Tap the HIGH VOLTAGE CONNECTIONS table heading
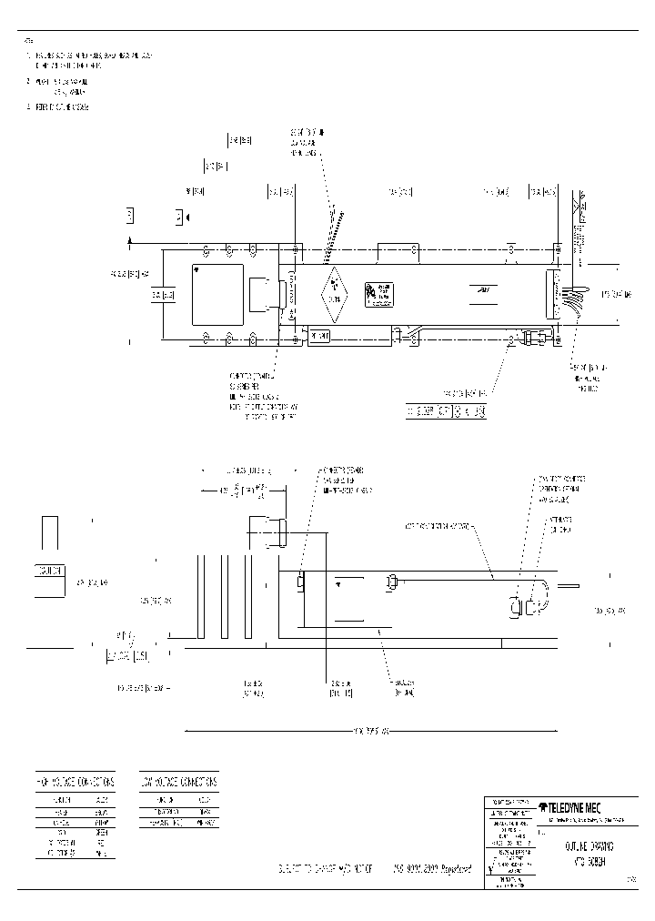coord(75,782)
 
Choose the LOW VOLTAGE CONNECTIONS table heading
coord(179,782)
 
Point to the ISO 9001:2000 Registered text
coord(432,870)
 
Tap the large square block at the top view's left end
coord(217,295)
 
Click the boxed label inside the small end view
coord(50,571)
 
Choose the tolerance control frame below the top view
coord(446,412)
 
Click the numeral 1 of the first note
coord(27,56)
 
